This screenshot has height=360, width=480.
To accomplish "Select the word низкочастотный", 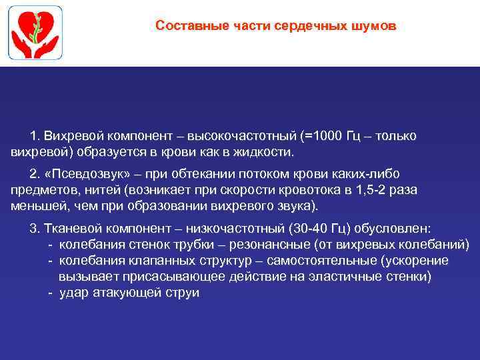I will pos(227,228).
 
